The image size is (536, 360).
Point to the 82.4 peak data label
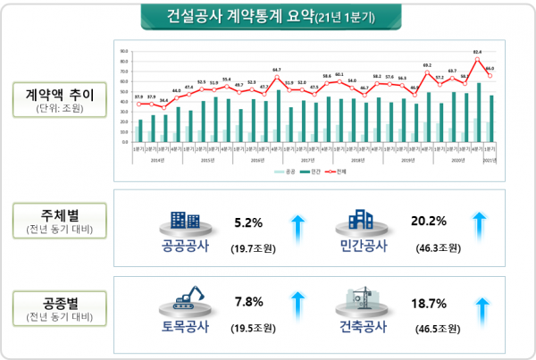click(478, 53)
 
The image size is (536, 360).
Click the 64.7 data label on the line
click(277, 69)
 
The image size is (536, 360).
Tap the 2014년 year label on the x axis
click(157, 160)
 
